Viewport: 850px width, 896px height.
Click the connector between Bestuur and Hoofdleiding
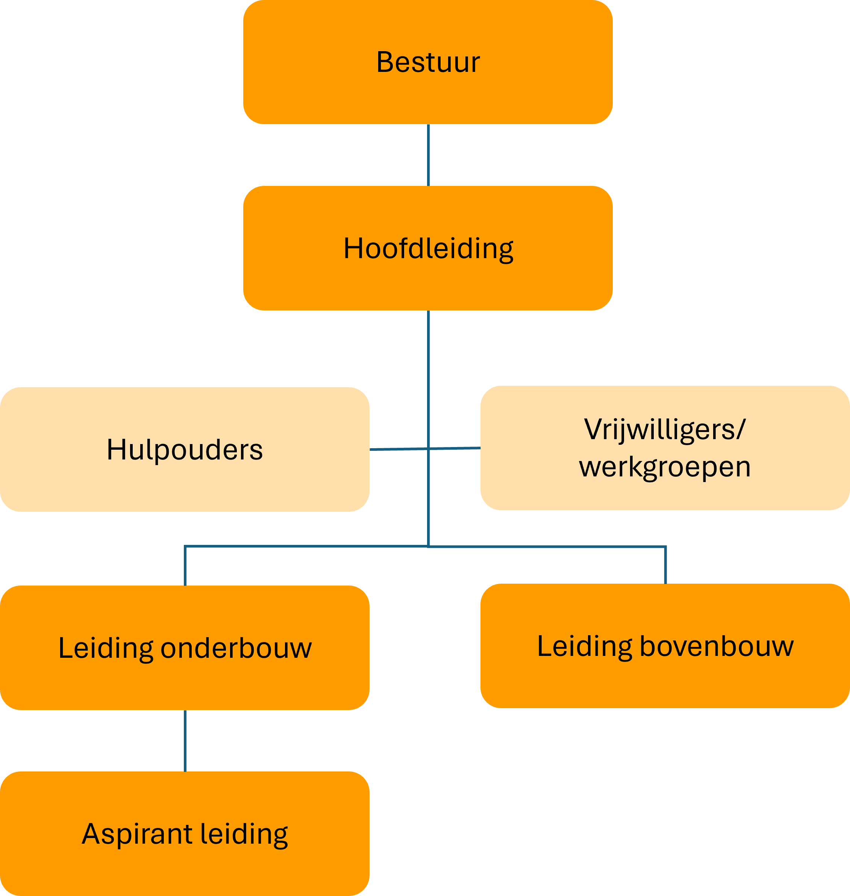(428, 155)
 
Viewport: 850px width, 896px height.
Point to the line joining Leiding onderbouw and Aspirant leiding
(185, 741)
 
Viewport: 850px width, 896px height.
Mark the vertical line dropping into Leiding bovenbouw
(665, 565)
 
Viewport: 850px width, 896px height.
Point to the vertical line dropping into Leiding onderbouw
(185, 566)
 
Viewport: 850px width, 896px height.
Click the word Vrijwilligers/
(664, 429)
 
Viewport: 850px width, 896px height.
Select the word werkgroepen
(665, 467)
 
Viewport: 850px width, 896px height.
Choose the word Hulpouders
(185, 449)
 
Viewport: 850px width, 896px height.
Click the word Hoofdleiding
(428, 248)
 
